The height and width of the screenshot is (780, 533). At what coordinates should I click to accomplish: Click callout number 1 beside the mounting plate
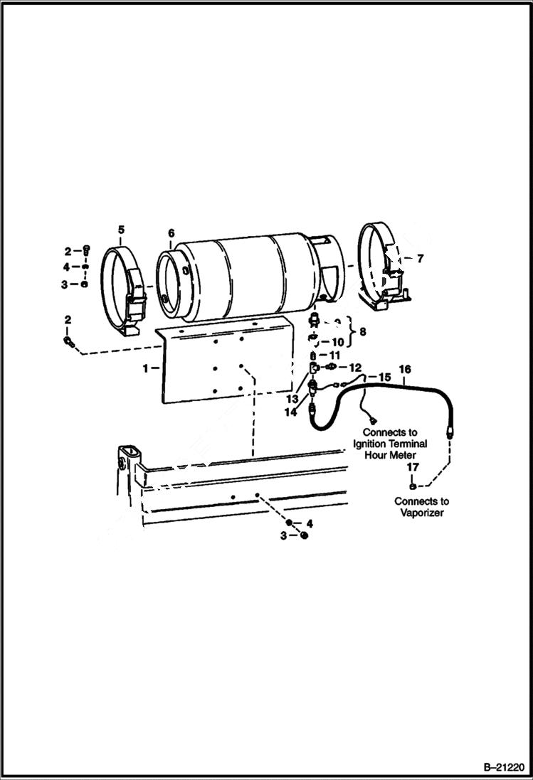click(x=146, y=368)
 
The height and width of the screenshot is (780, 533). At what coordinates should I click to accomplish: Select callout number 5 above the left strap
click(x=121, y=229)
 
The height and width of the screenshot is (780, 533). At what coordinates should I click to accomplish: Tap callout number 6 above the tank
click(x=171, y=233)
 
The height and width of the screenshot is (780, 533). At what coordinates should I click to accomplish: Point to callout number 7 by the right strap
click(x=420, y=259)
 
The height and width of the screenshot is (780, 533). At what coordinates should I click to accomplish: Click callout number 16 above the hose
click(x=405, y=369)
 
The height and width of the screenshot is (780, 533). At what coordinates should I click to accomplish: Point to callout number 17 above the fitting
click(x=413, y=467)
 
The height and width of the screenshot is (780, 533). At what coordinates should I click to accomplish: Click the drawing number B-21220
click(x=502, y=767)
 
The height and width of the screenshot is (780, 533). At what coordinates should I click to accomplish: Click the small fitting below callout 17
click(x=413, y=487)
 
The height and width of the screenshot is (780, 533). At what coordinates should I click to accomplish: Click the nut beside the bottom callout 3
click(x=304, y=535)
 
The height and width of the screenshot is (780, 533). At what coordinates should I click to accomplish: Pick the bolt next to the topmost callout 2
click(x=86, y=250)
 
